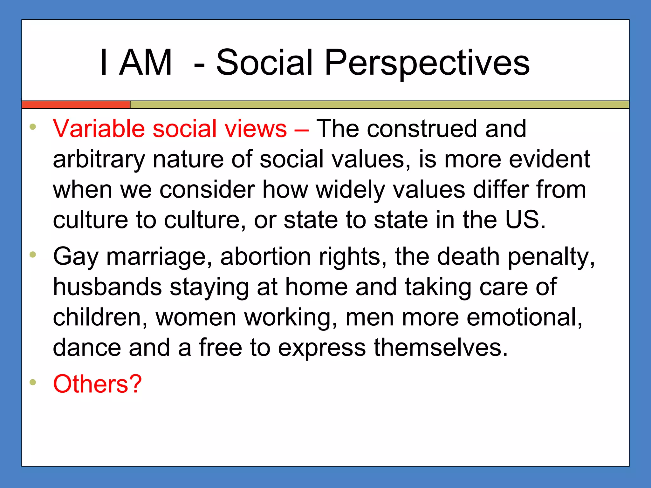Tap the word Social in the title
(264, 63)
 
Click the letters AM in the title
(146, 63)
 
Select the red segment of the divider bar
(76, 105)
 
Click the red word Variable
(99, 129)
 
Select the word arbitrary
(99, 159)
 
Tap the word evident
(550, 159)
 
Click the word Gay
(76, 257)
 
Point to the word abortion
(265, 257)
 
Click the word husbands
(107, 287)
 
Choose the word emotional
(524, 317)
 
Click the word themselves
(441, 347)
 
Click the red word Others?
(97, 384)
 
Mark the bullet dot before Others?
(33, 382)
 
